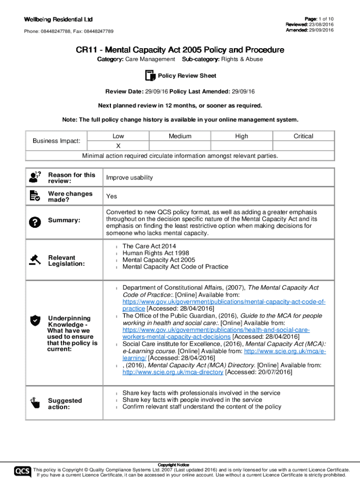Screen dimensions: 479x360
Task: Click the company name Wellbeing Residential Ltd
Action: pyautogui.click(x=58, y=19)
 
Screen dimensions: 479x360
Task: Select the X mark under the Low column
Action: pyautogui.click(x=118, y=145)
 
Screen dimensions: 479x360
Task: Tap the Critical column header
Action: pyautogui.click(x=303, y=136)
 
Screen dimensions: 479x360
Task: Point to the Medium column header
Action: pyautogui.click(x=180, y=136)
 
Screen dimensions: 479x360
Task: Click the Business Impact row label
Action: pyautogui.click(x=57, y=141)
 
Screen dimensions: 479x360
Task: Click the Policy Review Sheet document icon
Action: pyautogui.click(x=150, y=76)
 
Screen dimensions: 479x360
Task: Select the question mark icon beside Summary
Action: pyautogui.click(x=35, y=220)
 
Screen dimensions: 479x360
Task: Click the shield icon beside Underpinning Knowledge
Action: pyautogui.click(x=35, y=320)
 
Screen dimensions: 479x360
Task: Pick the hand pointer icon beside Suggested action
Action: pyautogui.click(x=35, y=403)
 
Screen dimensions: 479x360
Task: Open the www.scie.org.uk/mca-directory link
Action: pyautogui.click(x=173, y=372)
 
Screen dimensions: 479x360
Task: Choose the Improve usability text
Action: pyautogui.click(x=130, y=178)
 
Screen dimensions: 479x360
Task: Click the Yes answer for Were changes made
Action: pyautogui.click(x=111, y=196)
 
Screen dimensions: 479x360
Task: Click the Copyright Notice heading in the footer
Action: pyautogui.click(x=180, y=464)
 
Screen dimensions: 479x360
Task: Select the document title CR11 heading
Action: pyautogui.click(x=180, y=50)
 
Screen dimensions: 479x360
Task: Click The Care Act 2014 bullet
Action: pyautogui.click(x=149, y=246)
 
